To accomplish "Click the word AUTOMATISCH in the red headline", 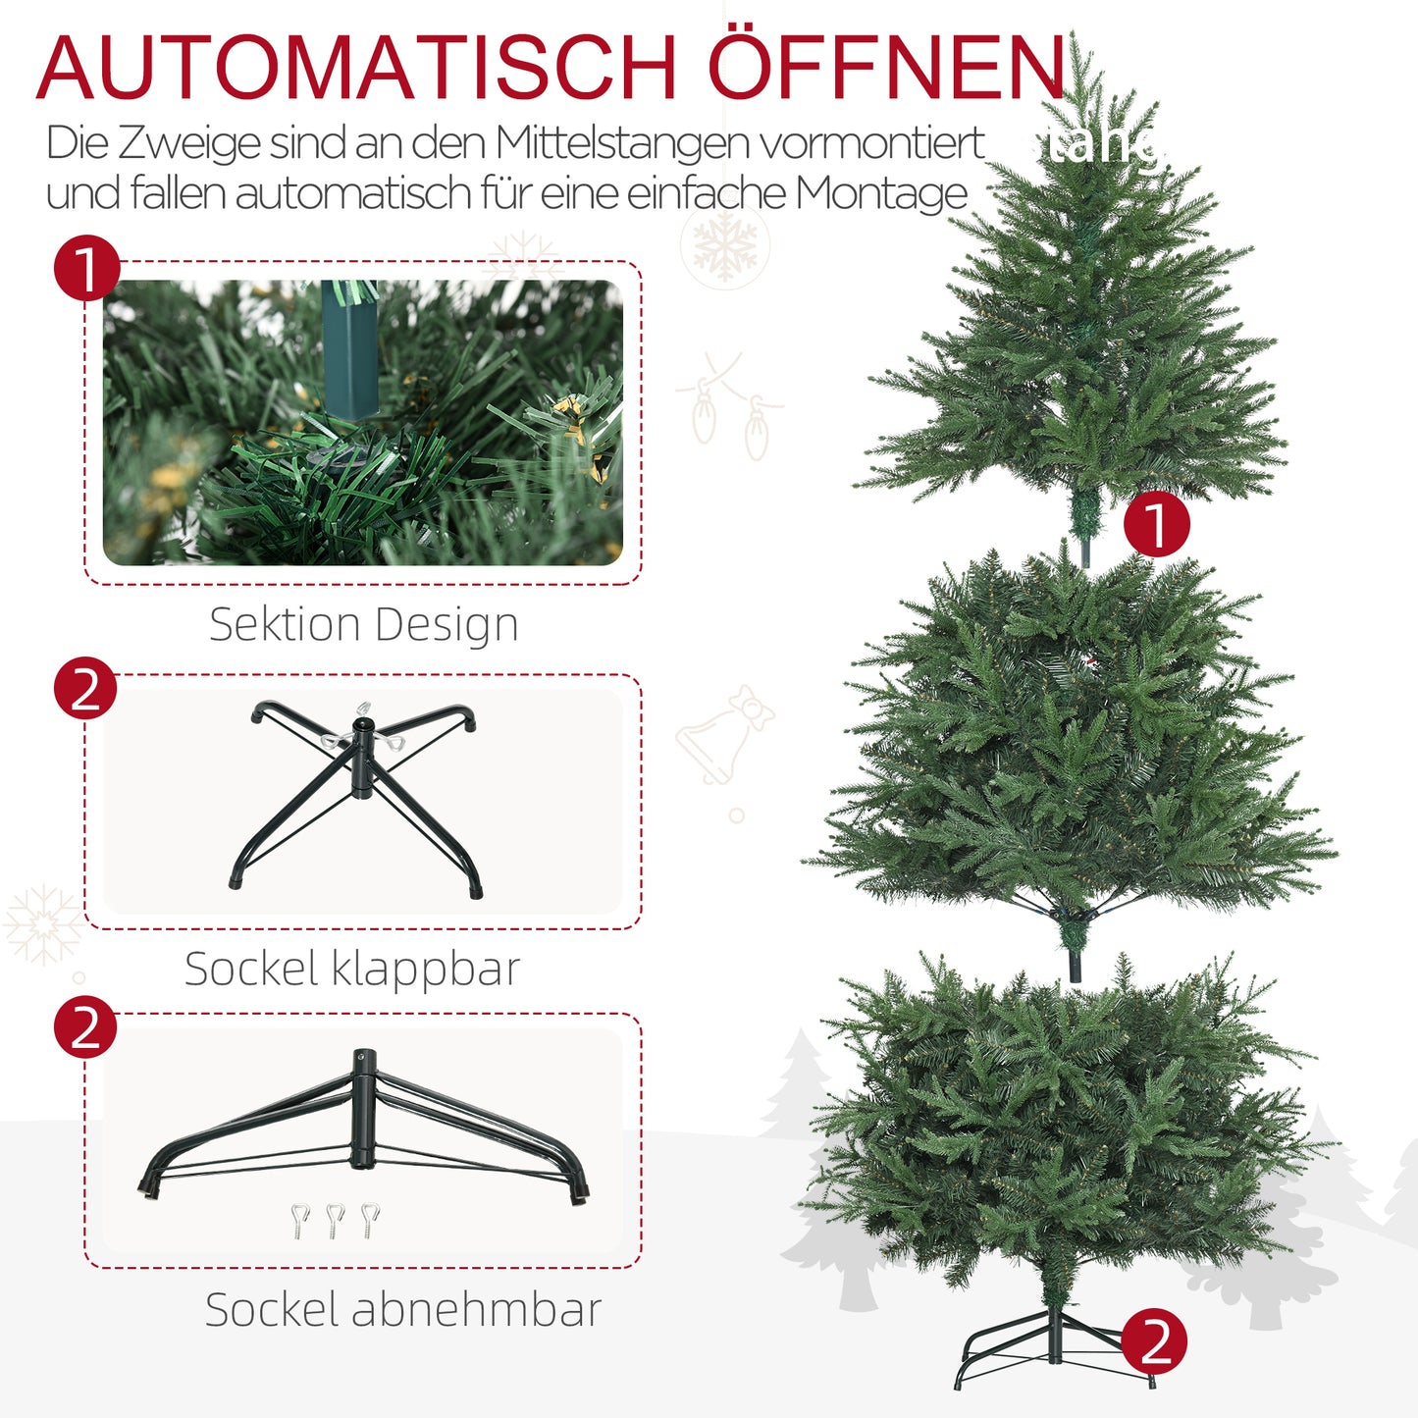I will click(356, 69).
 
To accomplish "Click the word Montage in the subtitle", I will click(881, 193).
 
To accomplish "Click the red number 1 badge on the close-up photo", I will click(86, 268).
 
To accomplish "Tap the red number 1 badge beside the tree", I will click(1156, 524).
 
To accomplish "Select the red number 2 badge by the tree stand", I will click(1154, 1341).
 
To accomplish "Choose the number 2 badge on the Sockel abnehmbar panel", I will click(85, 1027).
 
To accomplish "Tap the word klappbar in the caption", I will click(425, 970).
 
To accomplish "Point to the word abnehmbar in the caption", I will click(476, 1310).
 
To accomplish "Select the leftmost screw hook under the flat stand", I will click(300, 1220).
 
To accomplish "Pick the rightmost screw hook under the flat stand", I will click(369, 1219).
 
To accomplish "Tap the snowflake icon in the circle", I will click(726, 245).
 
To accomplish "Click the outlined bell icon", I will click(722, 738).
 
